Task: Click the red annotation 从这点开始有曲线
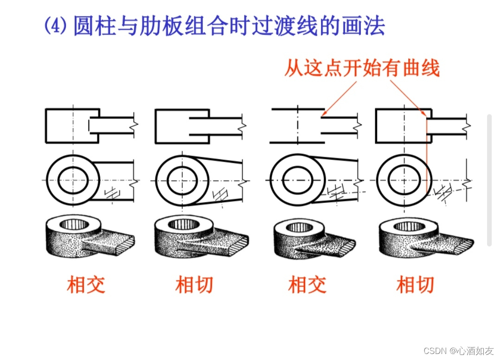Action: [x=361, y=69]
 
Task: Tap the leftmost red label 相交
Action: [x=86, y=284]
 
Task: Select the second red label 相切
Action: [x=194, y=284]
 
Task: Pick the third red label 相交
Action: [x=307, y=284]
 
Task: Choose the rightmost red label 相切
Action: [x=415, y=284]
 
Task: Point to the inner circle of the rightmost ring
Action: [x=404, y=180]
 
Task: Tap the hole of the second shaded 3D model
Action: [x=183, y=225]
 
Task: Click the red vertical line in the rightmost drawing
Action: [x=426, y=158]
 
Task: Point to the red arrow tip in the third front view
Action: [x=323, y=114]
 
